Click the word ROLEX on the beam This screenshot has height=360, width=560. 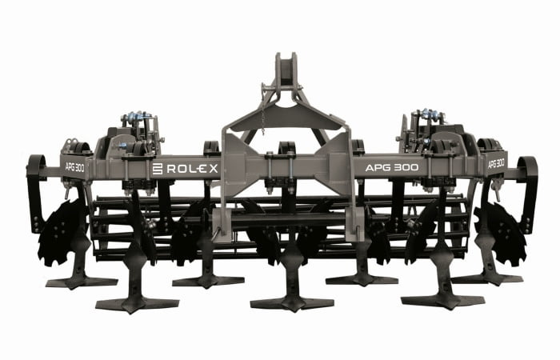click(192, 169)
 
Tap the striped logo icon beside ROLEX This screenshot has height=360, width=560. click(158, 169)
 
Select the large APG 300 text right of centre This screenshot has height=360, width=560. click(392, 167)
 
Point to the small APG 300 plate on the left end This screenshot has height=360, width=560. click(74, 167)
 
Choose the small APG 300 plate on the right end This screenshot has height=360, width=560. click(497, 164)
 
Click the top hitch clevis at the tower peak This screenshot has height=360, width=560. click(286, 70)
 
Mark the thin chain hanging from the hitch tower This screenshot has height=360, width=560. click(263, 118)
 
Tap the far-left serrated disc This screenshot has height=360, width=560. click(61, 233)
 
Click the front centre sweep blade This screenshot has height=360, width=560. click(292, 304)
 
